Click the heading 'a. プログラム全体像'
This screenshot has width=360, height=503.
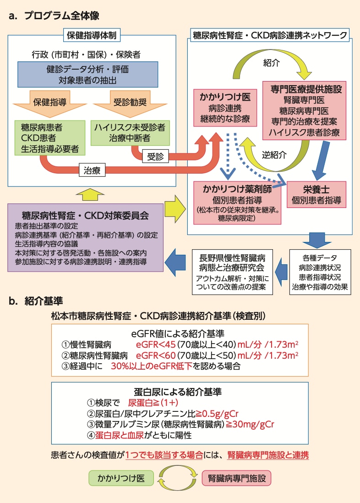(54, 16)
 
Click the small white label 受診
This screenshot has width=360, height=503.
(155, 156)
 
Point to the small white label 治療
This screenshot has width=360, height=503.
(93, 170)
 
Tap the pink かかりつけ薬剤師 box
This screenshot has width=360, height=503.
(237, 202)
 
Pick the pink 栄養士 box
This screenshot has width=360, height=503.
(316, 195)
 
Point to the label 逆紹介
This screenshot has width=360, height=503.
(274, 155)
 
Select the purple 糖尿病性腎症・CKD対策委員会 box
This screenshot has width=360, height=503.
(86, 238)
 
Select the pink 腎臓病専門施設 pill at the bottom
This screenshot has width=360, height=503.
(236, 478)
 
